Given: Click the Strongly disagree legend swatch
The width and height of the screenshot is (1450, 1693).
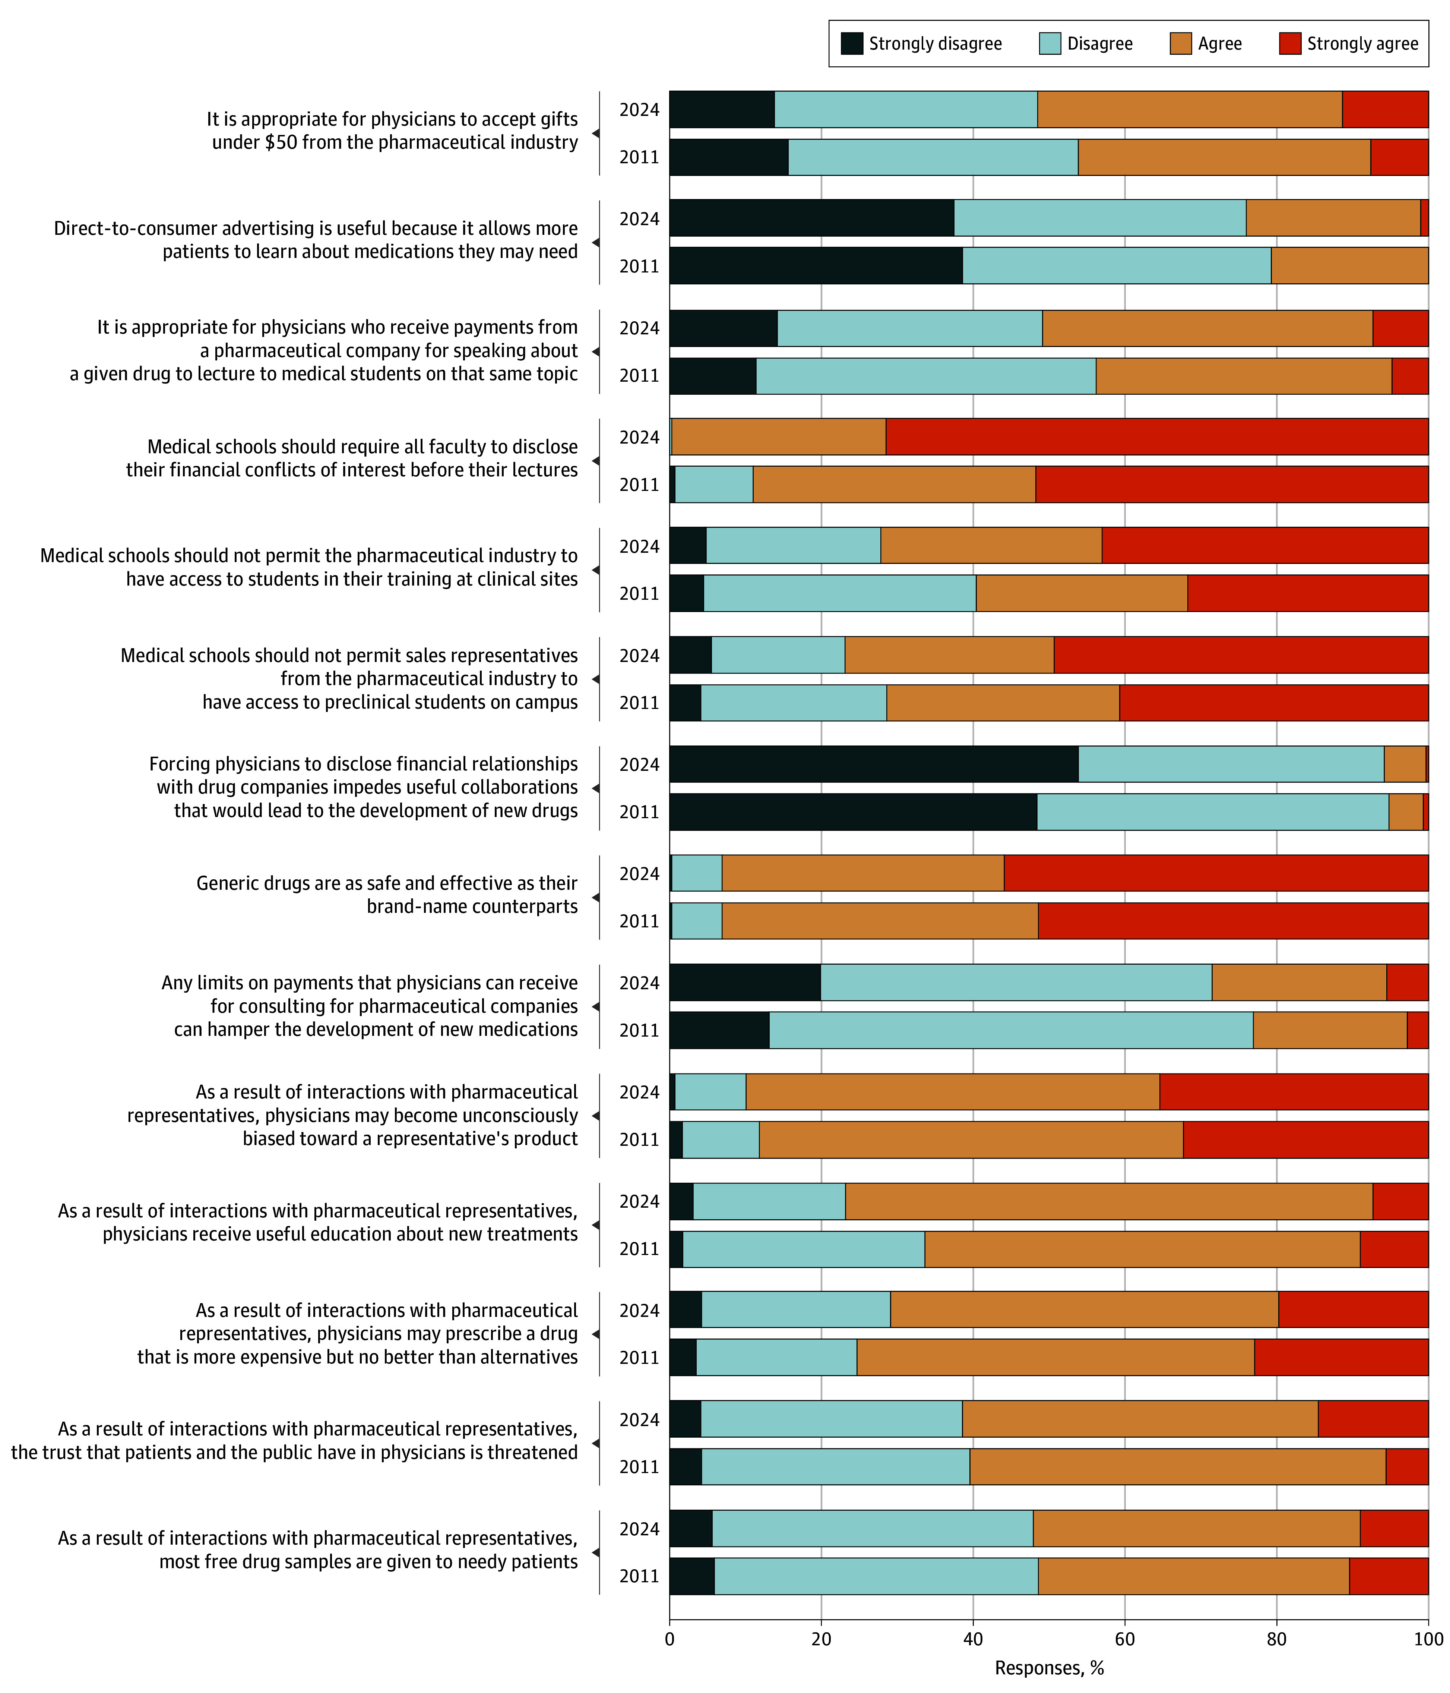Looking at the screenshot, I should click(852, 43).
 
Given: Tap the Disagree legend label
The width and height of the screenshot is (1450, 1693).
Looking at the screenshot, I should click(1099, 43).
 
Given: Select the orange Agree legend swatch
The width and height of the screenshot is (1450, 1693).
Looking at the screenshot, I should click(1180, 43).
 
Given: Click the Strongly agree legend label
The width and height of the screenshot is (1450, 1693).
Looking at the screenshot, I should click(1362, 43).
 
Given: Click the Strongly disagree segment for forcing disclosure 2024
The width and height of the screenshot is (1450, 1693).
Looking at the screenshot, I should click(873, 764).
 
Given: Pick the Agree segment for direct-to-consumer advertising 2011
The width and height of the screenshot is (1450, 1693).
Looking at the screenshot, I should click(1349, 265).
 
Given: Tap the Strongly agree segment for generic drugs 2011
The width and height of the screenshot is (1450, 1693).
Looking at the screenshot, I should click(1233, 921).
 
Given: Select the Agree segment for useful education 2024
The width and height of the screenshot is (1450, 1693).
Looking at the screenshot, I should click(1108, 1201).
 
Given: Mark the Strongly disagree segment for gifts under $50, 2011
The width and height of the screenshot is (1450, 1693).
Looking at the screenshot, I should click(729, 157).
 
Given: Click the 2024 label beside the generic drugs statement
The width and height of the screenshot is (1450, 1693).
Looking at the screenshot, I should click(639, 873).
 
